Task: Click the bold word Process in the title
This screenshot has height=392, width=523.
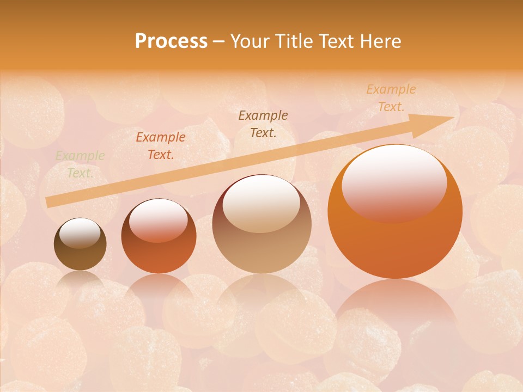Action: click(x=171, y=41)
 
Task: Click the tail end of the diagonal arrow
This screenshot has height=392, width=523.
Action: click(x=49, y=203)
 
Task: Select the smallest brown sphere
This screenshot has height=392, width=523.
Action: click(x=80, y=244)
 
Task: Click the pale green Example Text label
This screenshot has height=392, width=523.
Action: click(x=80, y=164)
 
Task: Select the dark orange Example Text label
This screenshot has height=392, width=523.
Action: click(x=161, y=146)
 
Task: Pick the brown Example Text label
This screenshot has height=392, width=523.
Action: click(x=263, y=124)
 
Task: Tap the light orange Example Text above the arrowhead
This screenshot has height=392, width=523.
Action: click(x=391, y=98)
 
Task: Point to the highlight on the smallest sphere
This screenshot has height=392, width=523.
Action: click(x=80, y=234)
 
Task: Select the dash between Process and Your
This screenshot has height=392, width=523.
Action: click(x=219, y=42)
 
